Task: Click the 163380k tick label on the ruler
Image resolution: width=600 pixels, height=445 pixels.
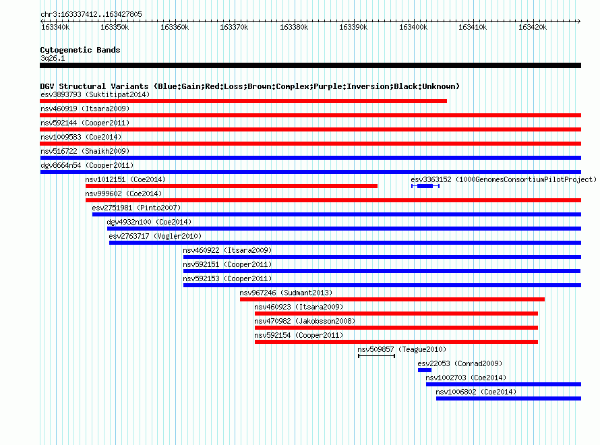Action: click(294, 27)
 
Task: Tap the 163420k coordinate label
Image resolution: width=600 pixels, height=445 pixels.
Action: click(533, 27)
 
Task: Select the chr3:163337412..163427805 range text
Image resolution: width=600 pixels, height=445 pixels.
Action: click(91, 15)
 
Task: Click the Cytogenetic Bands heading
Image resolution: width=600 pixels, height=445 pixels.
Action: click(80, 50)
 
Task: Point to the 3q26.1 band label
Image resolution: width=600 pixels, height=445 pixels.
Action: click(53, 58)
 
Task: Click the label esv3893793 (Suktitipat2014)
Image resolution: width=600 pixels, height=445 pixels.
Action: click(95, 94)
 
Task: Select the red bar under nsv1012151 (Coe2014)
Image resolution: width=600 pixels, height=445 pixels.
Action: click(231, 186)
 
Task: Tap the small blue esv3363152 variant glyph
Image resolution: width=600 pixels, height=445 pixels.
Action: click(425, 186)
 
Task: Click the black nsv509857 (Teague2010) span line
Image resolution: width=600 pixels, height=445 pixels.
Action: click(377, 356)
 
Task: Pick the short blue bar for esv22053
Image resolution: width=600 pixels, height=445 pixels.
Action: click(425, 370)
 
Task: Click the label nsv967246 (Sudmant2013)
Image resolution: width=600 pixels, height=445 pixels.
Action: click(286, 293)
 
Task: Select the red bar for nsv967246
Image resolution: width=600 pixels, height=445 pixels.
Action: click(392, 299)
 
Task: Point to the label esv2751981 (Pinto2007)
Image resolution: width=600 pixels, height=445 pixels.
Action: click(136, 208)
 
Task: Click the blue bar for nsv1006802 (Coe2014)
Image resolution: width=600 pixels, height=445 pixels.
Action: click(508, 398)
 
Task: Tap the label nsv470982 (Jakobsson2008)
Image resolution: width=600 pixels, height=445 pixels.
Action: click(305, 321)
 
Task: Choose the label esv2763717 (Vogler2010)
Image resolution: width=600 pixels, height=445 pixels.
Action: click(155, 236)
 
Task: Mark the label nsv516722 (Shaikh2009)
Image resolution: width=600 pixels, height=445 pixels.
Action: click(85, 151)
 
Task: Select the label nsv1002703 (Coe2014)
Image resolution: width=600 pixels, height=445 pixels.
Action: click(466, 378)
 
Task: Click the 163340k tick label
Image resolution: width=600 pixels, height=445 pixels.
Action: click(55, 27)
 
